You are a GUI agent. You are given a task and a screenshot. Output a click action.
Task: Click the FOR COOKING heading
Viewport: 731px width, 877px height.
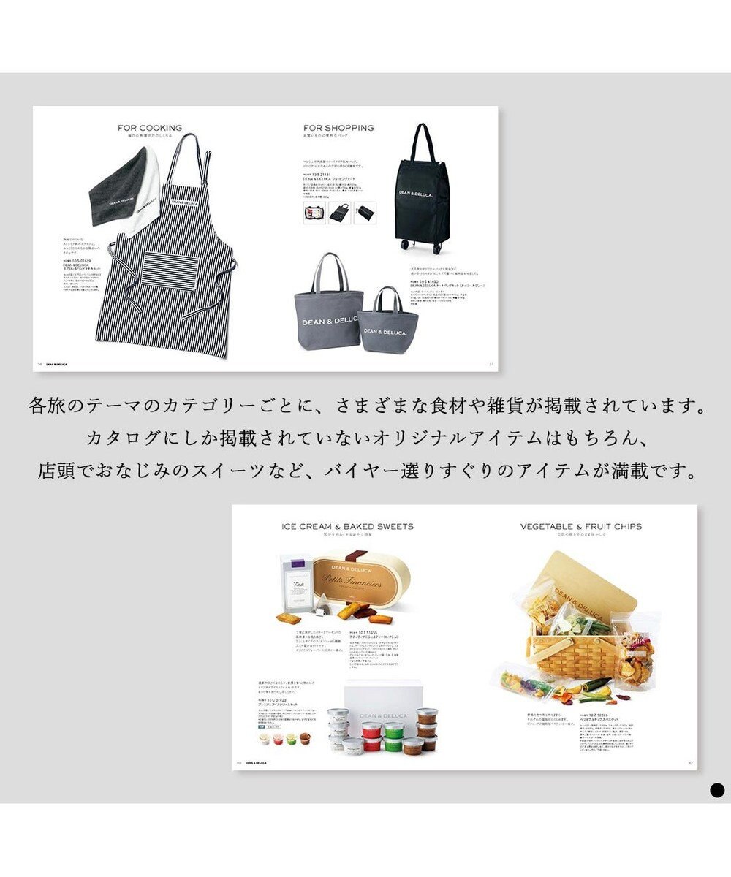click(x=150, y=128)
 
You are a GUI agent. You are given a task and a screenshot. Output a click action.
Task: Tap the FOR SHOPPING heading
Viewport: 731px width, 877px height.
click(x=338, y=128)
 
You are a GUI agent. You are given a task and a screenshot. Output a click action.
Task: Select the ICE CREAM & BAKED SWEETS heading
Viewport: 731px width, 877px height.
click(x=347, y=526)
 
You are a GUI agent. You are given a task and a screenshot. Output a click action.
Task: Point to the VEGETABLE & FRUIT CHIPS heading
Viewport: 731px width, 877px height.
click(x=580, y=526)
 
